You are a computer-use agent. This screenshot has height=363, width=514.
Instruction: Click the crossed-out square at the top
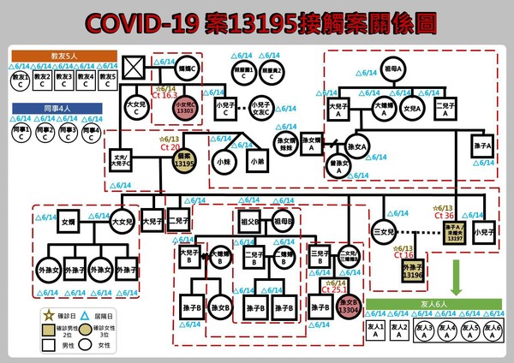point(133,67)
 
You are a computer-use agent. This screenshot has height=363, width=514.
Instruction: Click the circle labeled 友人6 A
point(492,330)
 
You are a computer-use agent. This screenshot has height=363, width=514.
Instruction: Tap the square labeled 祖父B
point(251,221)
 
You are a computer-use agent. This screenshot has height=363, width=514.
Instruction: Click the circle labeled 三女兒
point(384,231)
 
